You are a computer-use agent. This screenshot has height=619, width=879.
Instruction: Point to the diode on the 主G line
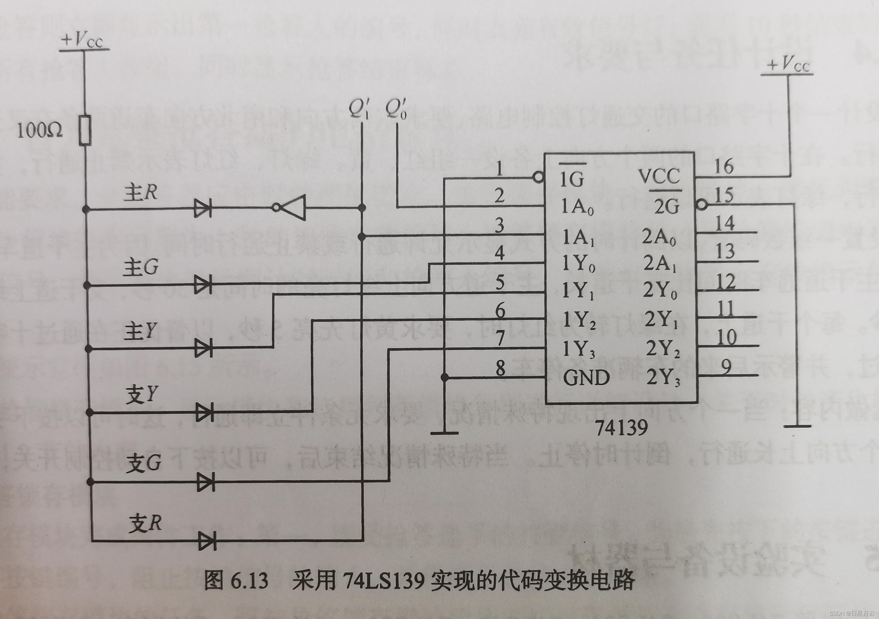coord(203,285)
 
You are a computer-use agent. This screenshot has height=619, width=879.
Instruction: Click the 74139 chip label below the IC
coord(621,427)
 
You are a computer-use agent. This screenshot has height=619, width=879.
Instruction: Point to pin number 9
coord(726,367)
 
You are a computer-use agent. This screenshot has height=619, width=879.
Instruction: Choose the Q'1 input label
coord(358,108)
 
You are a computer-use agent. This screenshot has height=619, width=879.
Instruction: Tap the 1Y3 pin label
coord(578,349)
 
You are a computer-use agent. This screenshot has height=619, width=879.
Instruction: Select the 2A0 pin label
coord(658,237)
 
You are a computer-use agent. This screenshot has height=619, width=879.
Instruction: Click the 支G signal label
coord(143,464)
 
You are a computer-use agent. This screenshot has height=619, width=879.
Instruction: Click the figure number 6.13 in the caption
coord(249,581)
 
